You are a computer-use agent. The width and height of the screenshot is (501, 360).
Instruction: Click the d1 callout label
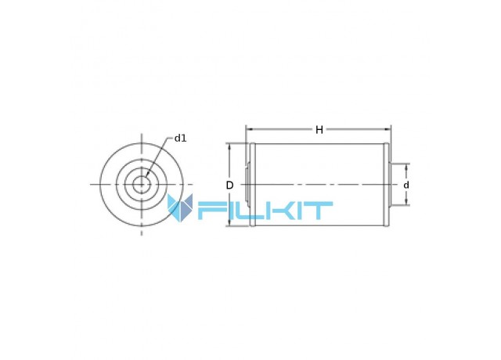180,139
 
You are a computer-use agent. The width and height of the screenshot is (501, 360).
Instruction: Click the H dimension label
319,130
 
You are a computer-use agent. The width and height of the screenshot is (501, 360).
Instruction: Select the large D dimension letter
229,185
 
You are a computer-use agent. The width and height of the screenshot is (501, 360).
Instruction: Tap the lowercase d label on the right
406,185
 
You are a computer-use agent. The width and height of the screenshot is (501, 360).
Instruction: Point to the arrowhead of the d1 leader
146,174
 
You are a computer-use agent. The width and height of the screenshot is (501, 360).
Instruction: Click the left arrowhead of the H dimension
249,129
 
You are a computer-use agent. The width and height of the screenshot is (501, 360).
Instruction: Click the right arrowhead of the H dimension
387,129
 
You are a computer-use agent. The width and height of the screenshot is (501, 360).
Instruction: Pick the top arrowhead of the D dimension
229,147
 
